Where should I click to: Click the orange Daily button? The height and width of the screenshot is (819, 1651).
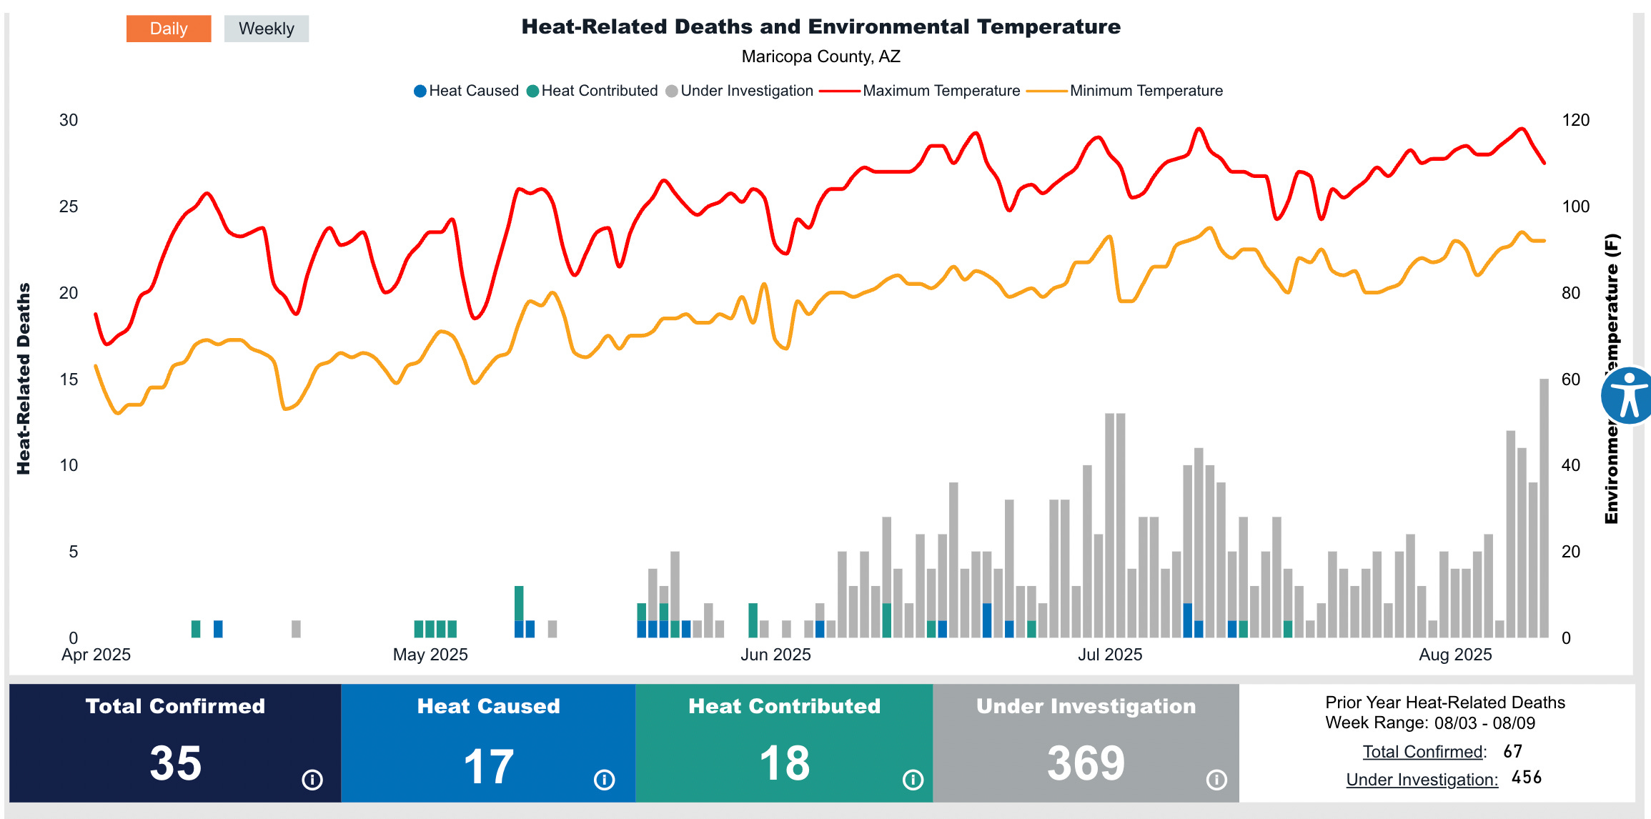click(169, 29)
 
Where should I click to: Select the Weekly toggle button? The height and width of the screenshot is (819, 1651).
click(266, 29)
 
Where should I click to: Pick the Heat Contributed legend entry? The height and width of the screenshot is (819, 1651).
click(593, 91)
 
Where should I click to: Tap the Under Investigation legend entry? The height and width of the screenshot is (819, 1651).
click(740, 91)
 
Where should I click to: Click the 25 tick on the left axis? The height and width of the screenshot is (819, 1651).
click(69, 207)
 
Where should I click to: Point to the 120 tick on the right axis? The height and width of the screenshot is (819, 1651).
click(1575, 120)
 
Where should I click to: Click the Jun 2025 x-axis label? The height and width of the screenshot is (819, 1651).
click(775, 655)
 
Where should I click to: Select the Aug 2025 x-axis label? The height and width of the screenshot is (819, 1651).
click(1455, 655)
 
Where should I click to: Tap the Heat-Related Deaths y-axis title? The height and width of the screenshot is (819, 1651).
click(24, 379)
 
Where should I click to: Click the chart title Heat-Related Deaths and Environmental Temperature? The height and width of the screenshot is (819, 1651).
click(820, 27)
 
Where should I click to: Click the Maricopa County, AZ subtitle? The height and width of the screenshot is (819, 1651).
click(820, 56)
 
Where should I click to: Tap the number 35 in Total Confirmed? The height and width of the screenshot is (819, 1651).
click(176, 763)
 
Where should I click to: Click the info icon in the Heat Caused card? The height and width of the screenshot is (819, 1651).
click(604, 780)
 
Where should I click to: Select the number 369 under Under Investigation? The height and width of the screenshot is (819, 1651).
click(1086, 763)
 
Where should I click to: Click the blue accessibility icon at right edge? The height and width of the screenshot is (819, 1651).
click(1629, 396)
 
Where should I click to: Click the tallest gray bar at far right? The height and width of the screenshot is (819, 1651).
click(1544, 507)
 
